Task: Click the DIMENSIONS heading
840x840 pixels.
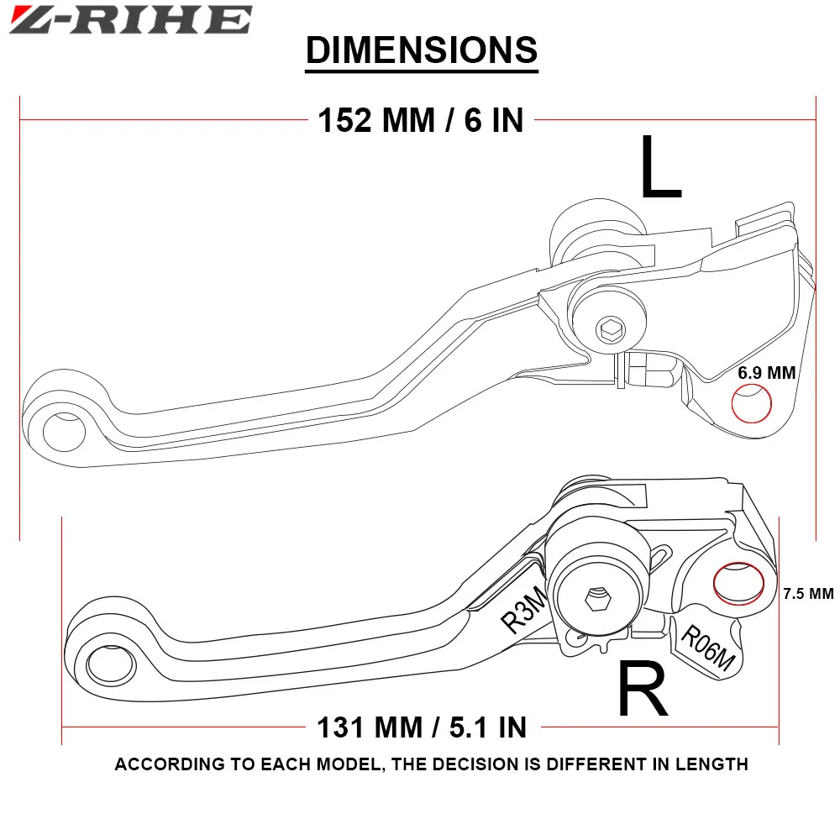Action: (x=421, y=50)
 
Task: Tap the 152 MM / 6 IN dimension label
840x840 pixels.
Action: (x=420, y=120)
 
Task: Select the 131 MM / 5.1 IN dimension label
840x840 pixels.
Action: (x=421, y=726)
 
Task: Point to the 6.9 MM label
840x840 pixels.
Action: (x=766, y=373)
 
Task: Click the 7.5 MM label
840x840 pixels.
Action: (x=807, y=594)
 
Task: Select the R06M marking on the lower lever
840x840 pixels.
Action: (x=706, y=648)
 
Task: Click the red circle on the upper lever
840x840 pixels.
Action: (x=752, y=404)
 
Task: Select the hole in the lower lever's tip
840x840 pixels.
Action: (x=107, y=664)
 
